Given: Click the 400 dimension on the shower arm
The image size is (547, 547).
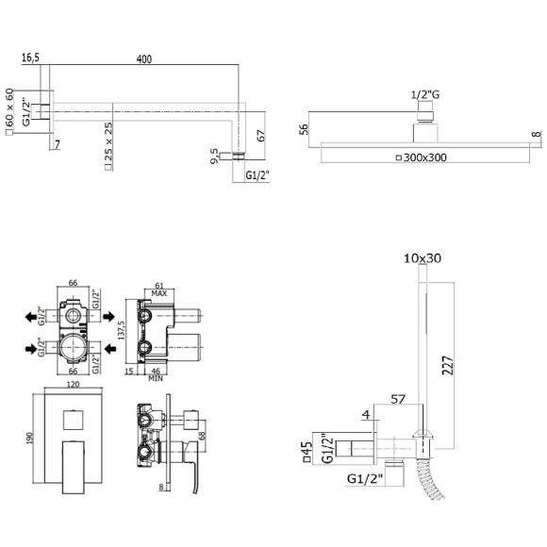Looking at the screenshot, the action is pos(144,59).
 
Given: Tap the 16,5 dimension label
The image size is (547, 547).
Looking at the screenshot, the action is pos(31,58).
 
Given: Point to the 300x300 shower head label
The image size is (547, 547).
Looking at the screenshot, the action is pos(425,157).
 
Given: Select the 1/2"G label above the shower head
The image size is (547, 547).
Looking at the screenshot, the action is pos(425,94).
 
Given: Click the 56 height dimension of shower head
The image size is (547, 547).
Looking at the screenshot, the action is pos(305,129).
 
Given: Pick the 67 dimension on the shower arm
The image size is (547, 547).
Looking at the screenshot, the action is pos(261,136).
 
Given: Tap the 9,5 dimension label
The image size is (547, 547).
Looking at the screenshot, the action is pos(214,156).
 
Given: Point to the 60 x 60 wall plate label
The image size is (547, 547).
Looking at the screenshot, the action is pos(9,108).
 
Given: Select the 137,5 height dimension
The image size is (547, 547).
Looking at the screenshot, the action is pos(121,330).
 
